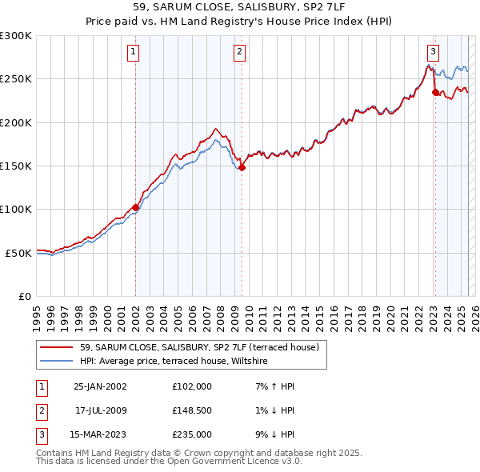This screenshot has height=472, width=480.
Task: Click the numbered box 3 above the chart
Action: (x=433, y=53)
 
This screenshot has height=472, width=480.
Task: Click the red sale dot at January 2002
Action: (x=135, y=207)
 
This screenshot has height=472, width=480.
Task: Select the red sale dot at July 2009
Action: (x=242, y=168)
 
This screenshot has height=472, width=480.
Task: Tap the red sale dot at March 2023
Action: (x=435, y=93)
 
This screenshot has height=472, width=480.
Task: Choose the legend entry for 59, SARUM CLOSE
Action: (x=199, y=347)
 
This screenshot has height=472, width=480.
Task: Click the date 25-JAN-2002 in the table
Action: (x=100, y=386)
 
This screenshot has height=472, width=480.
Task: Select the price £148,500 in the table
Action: (x=192, y=410)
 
